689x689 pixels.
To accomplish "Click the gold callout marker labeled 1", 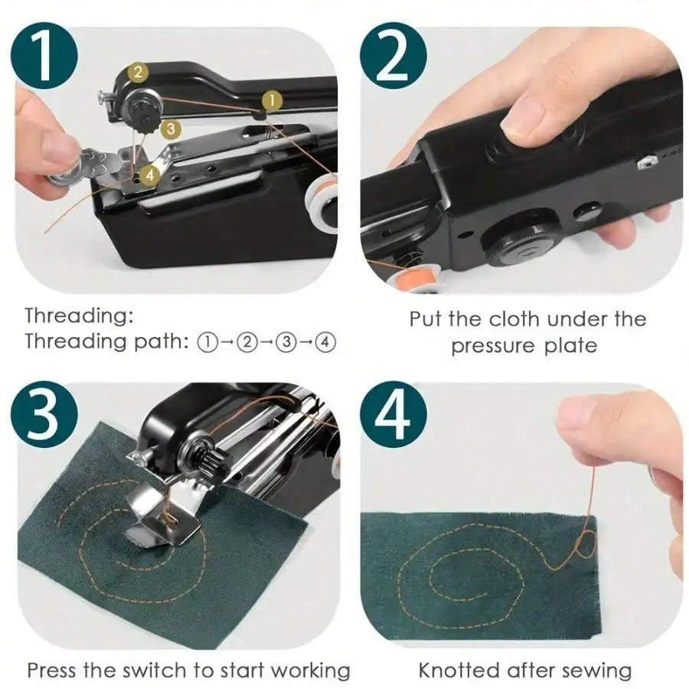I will click(x=270, y=100).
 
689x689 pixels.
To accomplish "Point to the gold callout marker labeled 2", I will click(x=137, y=73).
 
